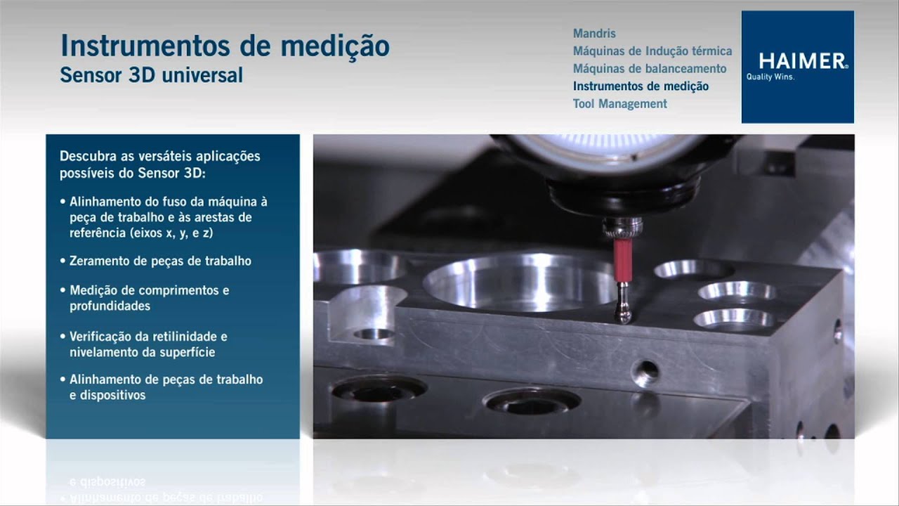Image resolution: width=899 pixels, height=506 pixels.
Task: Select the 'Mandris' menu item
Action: pos(594,34)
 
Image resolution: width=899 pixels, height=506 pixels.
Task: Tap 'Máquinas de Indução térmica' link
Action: pos(652,51)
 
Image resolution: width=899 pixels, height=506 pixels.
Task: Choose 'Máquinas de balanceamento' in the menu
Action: pos(649,69)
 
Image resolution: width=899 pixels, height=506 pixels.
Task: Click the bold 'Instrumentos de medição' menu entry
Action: pos(641,86)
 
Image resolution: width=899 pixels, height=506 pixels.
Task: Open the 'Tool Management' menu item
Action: pos(619,104)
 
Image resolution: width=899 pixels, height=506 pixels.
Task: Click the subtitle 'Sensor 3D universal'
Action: pos(151,75)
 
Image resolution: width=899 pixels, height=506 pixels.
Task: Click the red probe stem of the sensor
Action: pos(622,259)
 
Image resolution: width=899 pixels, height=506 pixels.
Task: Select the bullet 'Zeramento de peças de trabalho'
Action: pos(160,261)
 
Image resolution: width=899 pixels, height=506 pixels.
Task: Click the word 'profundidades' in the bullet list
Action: pos(110,306)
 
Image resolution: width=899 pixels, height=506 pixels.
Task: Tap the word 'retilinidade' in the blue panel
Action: pos(178,337)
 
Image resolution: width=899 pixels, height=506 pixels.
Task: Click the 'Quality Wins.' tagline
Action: pos(770,78)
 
